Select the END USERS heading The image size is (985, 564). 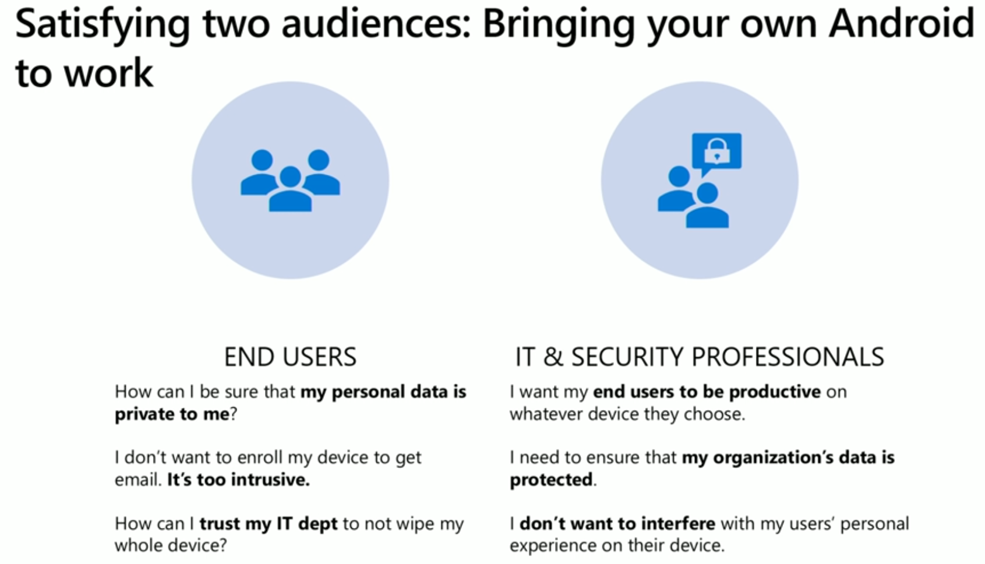(290, 357)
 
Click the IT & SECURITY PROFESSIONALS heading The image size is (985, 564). (700, 357)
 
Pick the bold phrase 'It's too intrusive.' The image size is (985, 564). (238, 480)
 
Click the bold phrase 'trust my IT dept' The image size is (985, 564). (269, 524)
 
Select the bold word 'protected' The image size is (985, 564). (551, 480)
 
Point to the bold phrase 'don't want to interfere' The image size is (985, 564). (617, 524)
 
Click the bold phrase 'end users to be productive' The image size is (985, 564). (707, 392)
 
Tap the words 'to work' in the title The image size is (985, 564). (84, 72)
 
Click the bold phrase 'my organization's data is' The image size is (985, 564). (788, 457)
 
